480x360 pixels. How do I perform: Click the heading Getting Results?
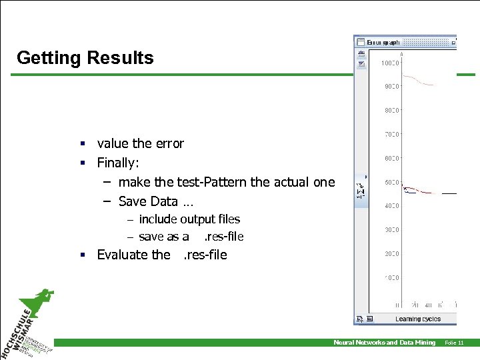tap(85, 58)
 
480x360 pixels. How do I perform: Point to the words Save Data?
tap(148, 201)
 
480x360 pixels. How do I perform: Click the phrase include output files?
tap(189, 219)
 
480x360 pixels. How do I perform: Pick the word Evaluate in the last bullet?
tap(123, 255)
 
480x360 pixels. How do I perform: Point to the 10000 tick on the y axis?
tap(389, 63)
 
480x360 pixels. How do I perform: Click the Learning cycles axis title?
tap(417, 319)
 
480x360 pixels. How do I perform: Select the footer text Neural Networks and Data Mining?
tap(384, 343)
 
